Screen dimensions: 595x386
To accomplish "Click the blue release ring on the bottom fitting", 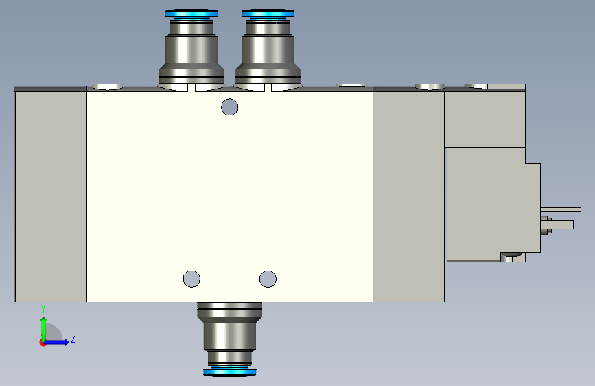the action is [230, 372].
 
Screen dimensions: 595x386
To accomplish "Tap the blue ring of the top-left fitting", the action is [191, 14].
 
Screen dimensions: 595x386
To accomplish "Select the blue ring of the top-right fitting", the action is [268, 14].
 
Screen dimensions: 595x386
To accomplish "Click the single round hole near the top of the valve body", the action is [230, 106].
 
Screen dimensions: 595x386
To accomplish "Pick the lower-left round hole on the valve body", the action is [191, 279].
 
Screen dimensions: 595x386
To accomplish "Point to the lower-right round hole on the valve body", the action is [268, 279].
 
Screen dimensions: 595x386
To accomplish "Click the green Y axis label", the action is [43, 308].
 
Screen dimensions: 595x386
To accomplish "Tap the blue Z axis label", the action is [73, 338].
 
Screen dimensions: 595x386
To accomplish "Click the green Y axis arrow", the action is [44, 329].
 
